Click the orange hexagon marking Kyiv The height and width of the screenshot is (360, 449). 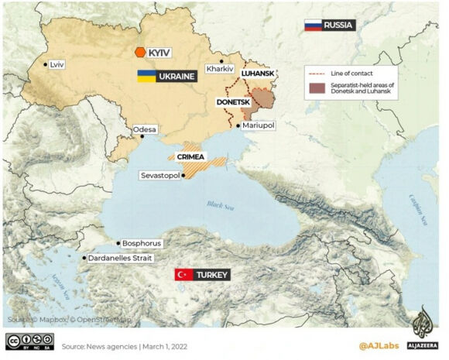pyautogui.click(x=139, y=52)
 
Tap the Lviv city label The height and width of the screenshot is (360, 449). pyautogui.click(x=57, y=64)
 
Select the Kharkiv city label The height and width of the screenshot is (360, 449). pyautogui.click(x=219, y=69)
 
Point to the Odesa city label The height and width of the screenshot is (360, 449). pyautogui.click(x=144, y=129)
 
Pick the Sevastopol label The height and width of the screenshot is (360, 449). pyautogui.click(x=159, y=176)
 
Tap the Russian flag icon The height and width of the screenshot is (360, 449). pyautogui.click(x=313, y=25)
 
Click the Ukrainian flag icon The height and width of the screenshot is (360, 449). pyautogui.click(x=146, y=77)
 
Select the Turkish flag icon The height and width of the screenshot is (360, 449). pyautogui.click(x=183, y=275)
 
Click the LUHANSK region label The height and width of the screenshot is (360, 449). pyautogui.click(x=258, y=73)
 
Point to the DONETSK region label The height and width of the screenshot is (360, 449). pyautogui.click(x=232, y=101)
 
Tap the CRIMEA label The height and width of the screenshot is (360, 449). pyautogui.click(x=190, y=156)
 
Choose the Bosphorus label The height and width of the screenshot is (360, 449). pyautogui.click(x=142, y=243)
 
